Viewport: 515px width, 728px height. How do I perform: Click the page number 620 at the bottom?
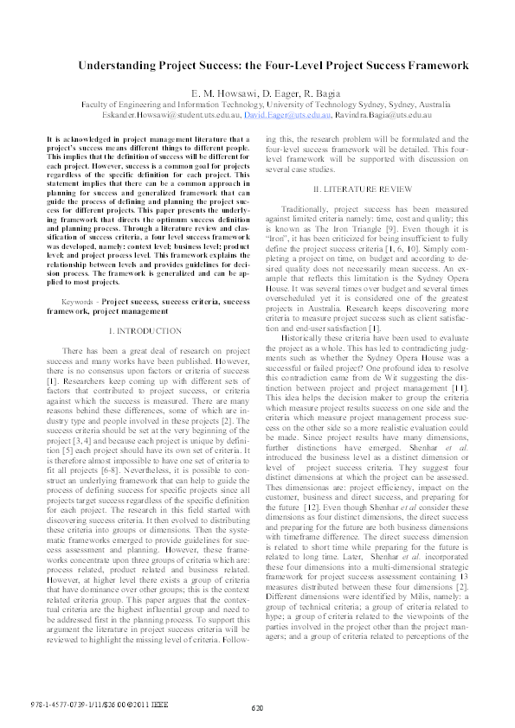click(x=257, y=709)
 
